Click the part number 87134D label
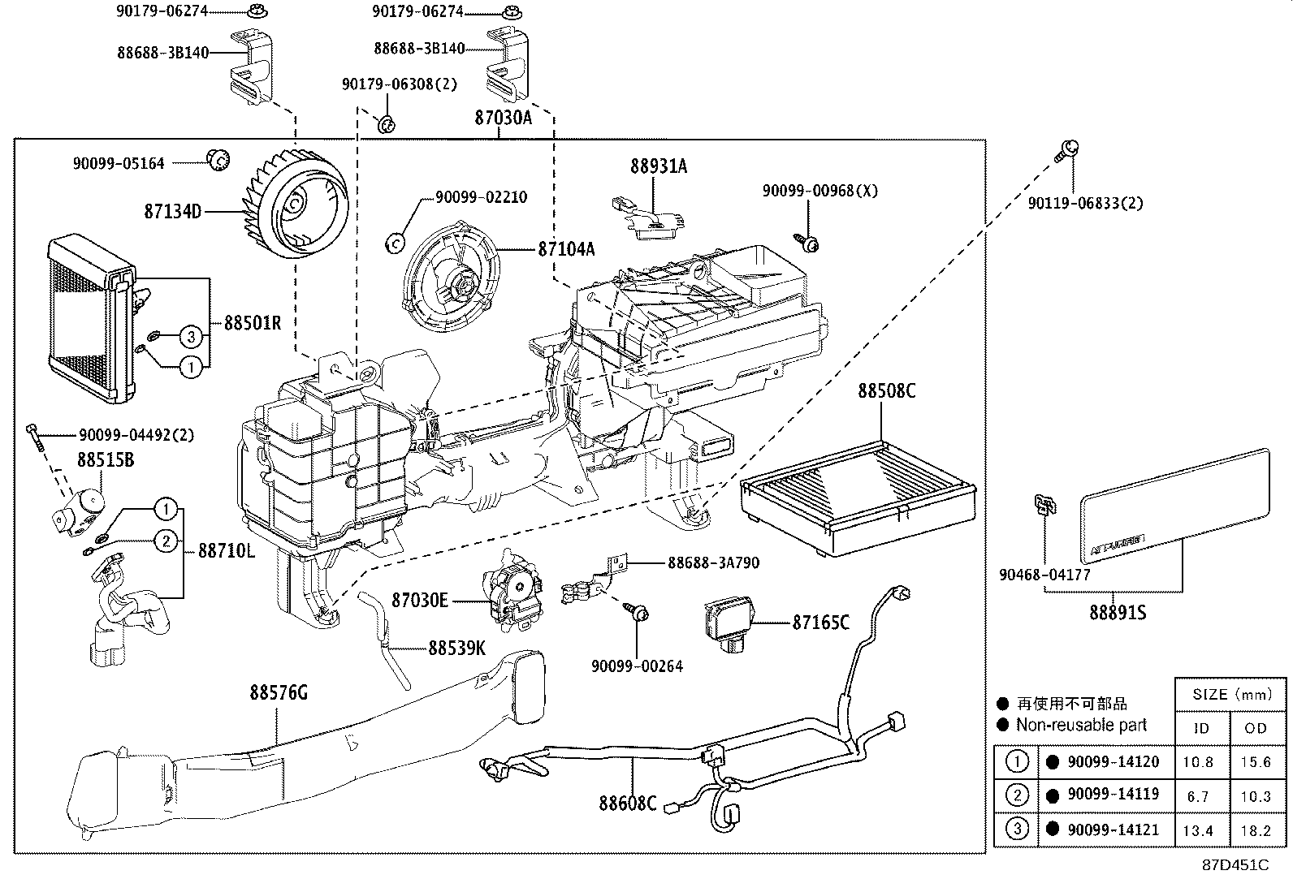click(x=172, y=212)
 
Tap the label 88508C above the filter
click(x=886, y=391)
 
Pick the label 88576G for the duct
click(x=279, y=694)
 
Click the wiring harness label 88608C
click(x=627, y=803)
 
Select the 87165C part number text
click(x=820, y=623)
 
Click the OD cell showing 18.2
click(x=1256, y=830)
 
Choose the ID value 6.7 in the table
click(x=1198, y=796)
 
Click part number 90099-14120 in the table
click(x=1113, y=762)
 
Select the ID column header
click(x=1201, y=728)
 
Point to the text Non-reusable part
click(x=1081, y=725)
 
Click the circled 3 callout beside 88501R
click(x=190, y=335)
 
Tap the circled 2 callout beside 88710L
click(x=165, y=541)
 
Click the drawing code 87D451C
click(x=1235, y=865)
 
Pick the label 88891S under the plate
click(x=1118, y=612)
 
